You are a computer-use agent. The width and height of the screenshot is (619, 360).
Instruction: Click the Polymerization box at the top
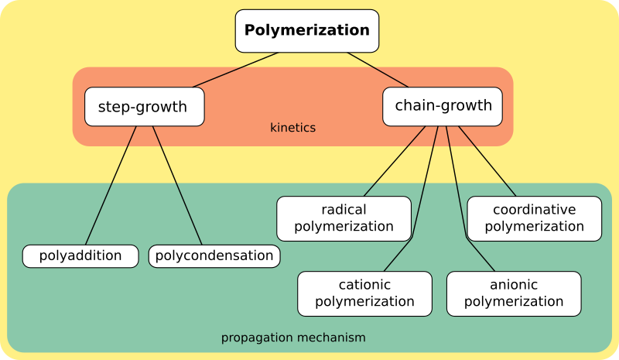coord(307,31)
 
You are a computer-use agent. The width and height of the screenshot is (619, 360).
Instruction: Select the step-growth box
coord(144,107)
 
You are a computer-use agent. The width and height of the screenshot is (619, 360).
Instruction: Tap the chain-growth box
coord(443,106)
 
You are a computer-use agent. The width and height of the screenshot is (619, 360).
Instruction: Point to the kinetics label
coord(292,128)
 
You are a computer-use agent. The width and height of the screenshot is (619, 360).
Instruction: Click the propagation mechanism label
coord(293,338)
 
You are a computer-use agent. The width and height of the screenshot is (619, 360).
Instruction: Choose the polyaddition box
coord(80,256)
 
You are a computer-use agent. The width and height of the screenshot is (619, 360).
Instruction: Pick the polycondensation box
coord(214,256)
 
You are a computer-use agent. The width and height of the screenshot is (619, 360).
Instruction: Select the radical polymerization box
coord(344,218)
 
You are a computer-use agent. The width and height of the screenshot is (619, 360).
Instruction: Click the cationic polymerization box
coord(364,293)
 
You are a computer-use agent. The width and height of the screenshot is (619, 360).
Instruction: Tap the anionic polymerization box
coord(514,293)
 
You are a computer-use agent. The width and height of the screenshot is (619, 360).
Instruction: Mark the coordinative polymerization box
coord(534,218)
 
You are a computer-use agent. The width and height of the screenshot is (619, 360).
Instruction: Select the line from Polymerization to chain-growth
coord(378,70)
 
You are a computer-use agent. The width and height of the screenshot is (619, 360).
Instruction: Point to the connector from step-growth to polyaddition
coord(111,185)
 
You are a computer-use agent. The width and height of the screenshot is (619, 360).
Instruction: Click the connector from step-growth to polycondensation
coord(177,185)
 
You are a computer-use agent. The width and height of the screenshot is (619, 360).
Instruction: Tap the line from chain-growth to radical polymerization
coord(394,161)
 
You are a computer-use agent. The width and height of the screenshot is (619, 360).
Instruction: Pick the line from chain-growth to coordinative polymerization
coord(487,161)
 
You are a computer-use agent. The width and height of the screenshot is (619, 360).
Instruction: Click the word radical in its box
coord(344,210)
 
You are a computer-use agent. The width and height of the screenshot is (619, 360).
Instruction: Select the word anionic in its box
coord(514,285)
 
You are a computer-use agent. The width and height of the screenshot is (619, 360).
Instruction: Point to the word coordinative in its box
coord(534,210)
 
